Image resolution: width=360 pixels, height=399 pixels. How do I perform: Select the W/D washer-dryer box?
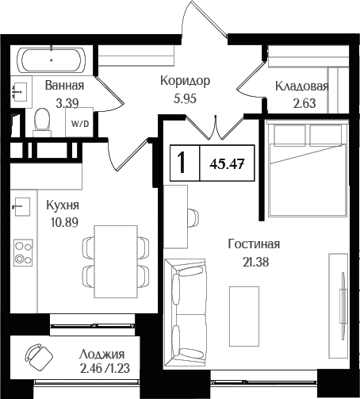pos(80,124)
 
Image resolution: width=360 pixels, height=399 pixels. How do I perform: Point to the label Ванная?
pos(64,86)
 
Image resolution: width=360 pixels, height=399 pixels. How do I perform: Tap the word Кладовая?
pos(301,86)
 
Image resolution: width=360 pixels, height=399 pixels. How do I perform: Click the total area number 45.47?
pos(227,163)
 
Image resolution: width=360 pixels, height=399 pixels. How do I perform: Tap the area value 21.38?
pos(253,260)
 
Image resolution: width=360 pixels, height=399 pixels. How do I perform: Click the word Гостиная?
pos(253,245)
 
